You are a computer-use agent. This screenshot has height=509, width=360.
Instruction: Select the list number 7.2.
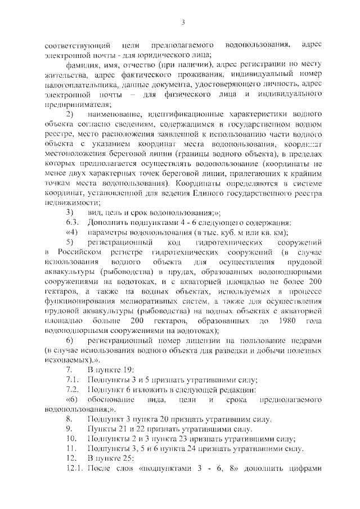click(x=72, y=389)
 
